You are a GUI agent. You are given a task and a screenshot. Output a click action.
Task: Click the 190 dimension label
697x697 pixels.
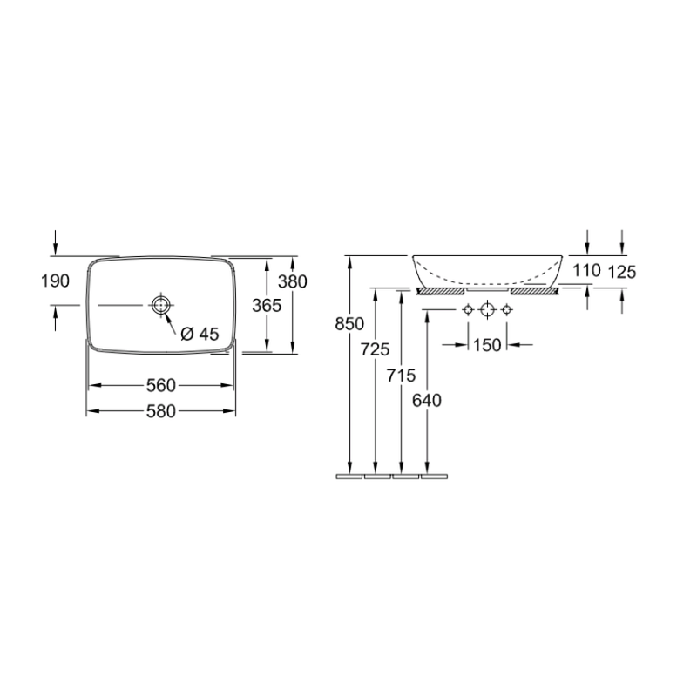click(x=55, y=281)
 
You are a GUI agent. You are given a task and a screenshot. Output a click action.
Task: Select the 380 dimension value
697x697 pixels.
click(x=293, y=281)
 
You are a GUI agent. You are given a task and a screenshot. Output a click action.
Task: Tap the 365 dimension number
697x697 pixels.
click(x=267, y=306)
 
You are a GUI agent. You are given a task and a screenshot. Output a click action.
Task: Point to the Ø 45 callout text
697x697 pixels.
click(x=200, y=334)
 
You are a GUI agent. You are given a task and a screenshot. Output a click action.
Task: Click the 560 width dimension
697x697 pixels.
click(x=161, y=385)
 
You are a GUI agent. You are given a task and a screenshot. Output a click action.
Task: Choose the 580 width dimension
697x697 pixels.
click(x=161, y=411)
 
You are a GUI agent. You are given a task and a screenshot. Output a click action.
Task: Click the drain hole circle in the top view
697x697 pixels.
click(x=160, y=305)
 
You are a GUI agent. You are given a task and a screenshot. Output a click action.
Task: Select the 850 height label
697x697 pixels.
click(x=349, y=324)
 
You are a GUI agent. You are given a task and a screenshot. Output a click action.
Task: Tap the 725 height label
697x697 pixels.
click(x=376, y=350)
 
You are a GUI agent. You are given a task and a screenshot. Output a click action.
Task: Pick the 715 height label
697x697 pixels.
click(x=401, y=376)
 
